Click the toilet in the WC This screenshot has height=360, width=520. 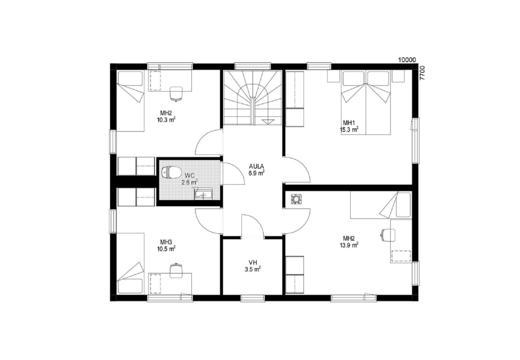click(171, 172)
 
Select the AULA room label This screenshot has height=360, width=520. click(257, 166)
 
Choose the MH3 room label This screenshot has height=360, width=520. click(166, 242)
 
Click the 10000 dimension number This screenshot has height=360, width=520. click(407, 60)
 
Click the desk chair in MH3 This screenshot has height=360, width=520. click(176, 269)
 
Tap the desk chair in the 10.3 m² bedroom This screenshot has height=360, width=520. click(176, 93)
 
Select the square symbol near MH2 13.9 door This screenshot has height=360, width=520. click(295, 199)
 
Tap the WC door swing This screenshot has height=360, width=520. click(234, 173)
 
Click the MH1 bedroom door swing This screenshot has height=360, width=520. click(297, 169)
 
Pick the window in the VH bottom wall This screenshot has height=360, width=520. click(252, 298)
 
